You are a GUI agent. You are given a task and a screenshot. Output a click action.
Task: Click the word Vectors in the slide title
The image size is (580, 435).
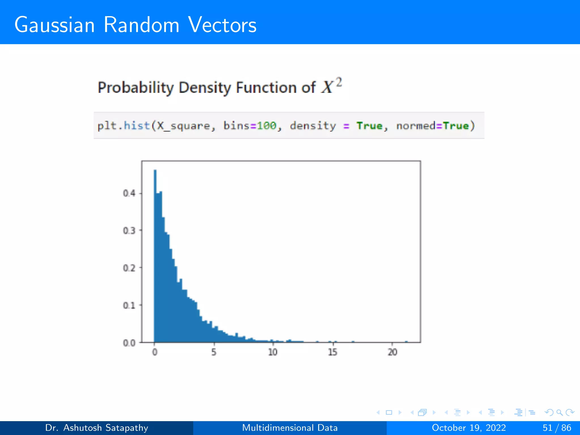coord(222,25)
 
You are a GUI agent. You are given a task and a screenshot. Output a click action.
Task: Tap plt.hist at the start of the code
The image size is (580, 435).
coord(123,125)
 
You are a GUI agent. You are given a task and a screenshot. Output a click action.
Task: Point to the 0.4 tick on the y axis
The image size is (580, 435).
coord(129,193)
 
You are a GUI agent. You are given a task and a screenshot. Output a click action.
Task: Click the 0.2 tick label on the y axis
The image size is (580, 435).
coord(129,268)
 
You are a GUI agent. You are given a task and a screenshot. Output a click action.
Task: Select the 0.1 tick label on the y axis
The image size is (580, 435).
coord(129,305)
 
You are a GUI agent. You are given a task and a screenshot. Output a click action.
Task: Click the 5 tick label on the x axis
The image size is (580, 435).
coord(214,352)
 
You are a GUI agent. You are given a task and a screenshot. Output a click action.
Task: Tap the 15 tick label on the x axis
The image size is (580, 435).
coord(333,352)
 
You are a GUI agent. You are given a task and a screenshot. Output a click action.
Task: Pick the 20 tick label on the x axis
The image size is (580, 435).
coord(393,352)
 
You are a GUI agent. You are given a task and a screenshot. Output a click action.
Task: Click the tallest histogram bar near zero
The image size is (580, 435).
coord(155,255)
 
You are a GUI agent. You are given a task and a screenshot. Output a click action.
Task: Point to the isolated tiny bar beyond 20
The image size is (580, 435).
coord(406,342)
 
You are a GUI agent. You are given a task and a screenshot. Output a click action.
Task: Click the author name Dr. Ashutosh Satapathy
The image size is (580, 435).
coord(97,428)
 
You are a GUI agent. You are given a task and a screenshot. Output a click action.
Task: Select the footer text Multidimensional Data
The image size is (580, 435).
coord(290,428)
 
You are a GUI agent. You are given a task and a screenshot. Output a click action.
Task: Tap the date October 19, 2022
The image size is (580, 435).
coord(469,428)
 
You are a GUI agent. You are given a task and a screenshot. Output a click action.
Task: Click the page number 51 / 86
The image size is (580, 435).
coord(557,428)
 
